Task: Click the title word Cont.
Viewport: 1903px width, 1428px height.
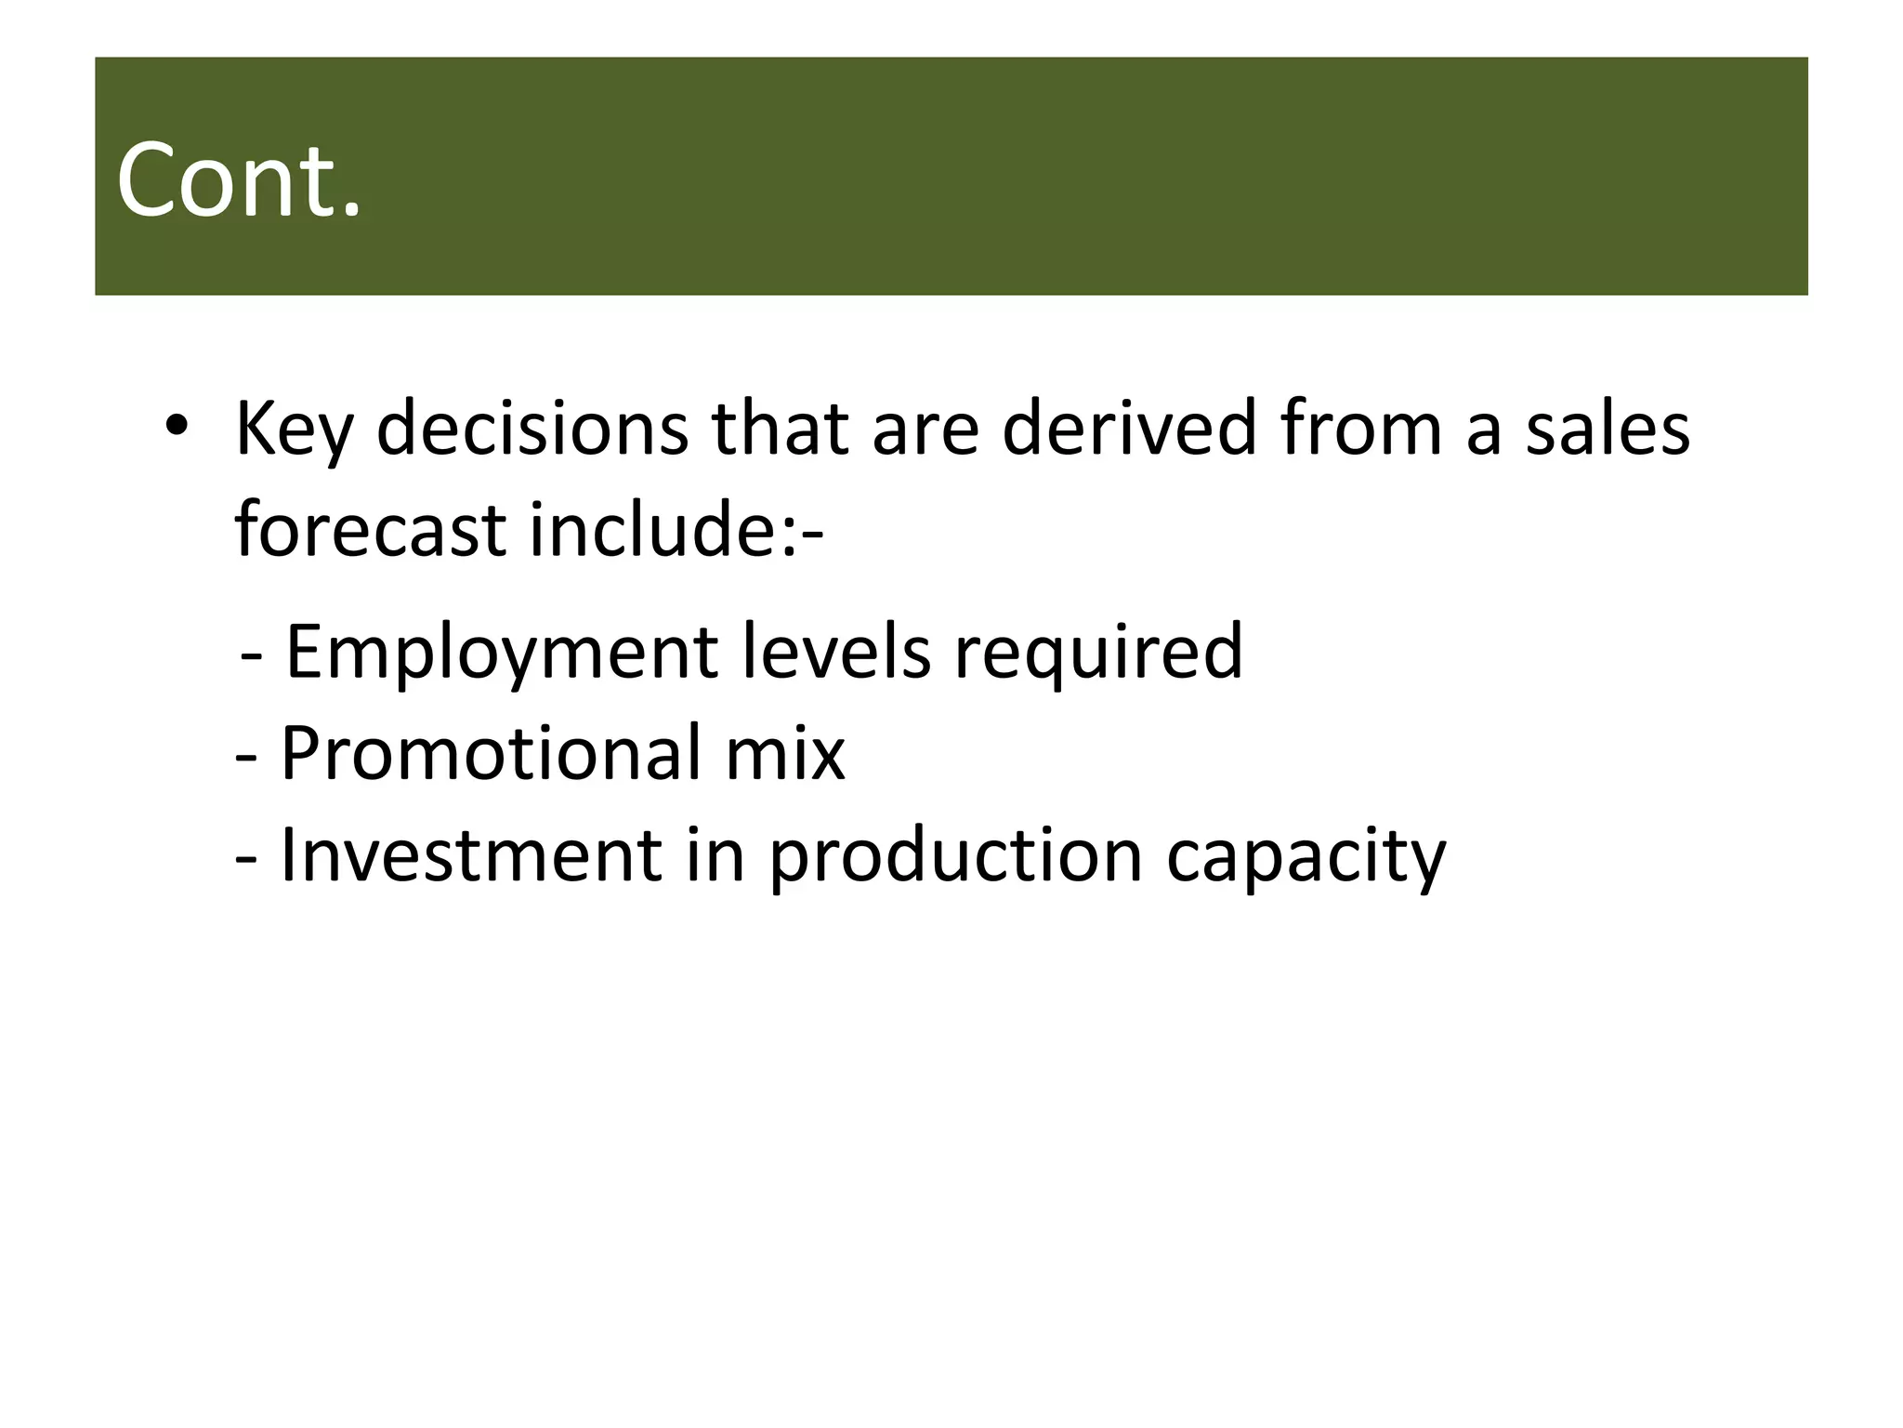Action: pos(238,179)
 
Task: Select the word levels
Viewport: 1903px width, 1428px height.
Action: pos(836,651)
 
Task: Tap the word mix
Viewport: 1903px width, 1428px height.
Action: pos(785,753)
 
